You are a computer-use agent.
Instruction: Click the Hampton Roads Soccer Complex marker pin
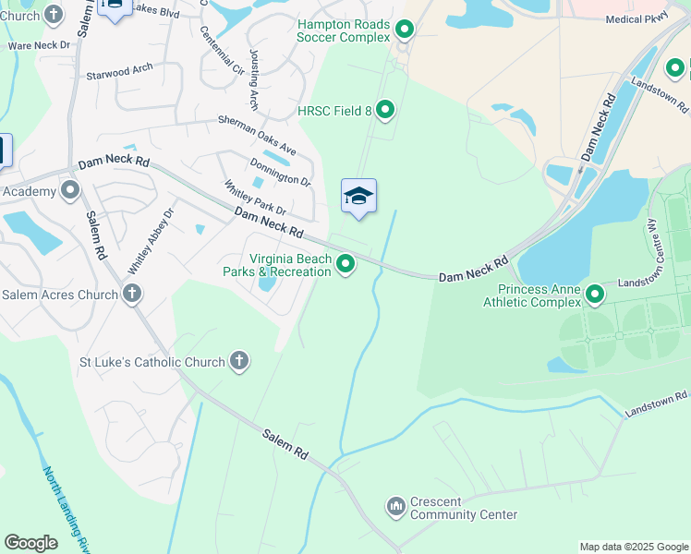pos(404,30)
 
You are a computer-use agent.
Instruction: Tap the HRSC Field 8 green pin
pos(385,112)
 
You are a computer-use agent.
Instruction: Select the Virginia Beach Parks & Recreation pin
pos(345,265)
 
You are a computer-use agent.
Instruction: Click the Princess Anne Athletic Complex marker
pos(595,295)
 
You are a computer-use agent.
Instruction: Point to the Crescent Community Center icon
pos(396,507)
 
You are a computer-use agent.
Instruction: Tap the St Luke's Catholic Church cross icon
pos(239,362)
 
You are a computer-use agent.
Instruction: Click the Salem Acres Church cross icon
pos(132,295)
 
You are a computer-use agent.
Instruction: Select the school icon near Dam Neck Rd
pos(358,197)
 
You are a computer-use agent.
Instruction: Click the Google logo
pos(30,543)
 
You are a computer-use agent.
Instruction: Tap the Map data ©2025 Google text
pos(633,547)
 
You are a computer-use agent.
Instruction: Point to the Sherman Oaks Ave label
pos(257,135)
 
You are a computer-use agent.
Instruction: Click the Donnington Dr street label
pos(280,170)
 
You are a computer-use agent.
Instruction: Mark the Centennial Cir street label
pos(223,50)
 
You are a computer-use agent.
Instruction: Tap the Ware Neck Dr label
pos(39,45)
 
